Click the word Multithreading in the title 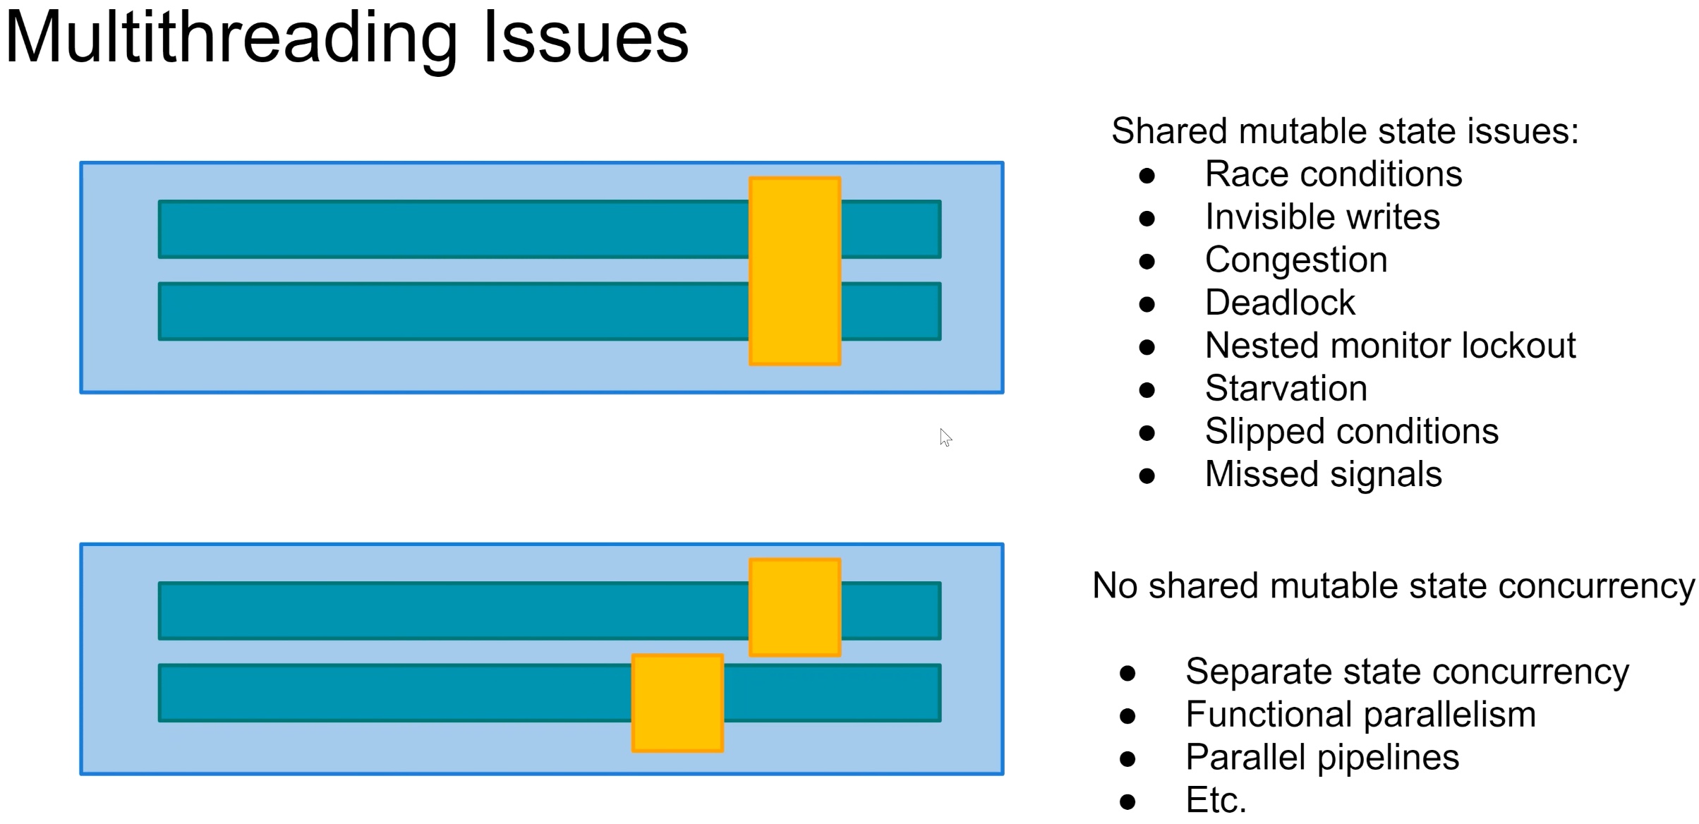tap(231, 39)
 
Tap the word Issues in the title tap(586, 39)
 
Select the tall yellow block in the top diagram tap(794, 271)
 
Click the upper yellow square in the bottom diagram tap(794, 607)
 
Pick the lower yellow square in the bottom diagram tap(677, 703)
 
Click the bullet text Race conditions tap(1333, 174)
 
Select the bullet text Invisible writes tap(1322, 217)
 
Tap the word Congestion tap(1295, 260)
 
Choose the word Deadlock tap(1279, 303)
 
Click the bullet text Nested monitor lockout tap(1389, 346)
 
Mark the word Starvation tap(1286, 388)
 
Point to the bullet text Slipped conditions tap(1351, 431)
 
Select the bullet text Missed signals tap(1323, 474)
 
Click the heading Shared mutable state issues tap(1345, 131)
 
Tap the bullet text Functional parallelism tap(1360, 714)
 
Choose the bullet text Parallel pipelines tap(1322, 757)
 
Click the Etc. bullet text tap(1216, 800)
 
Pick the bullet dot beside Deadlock tap(1147, 304)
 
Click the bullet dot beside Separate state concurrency tap(1127, 673)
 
